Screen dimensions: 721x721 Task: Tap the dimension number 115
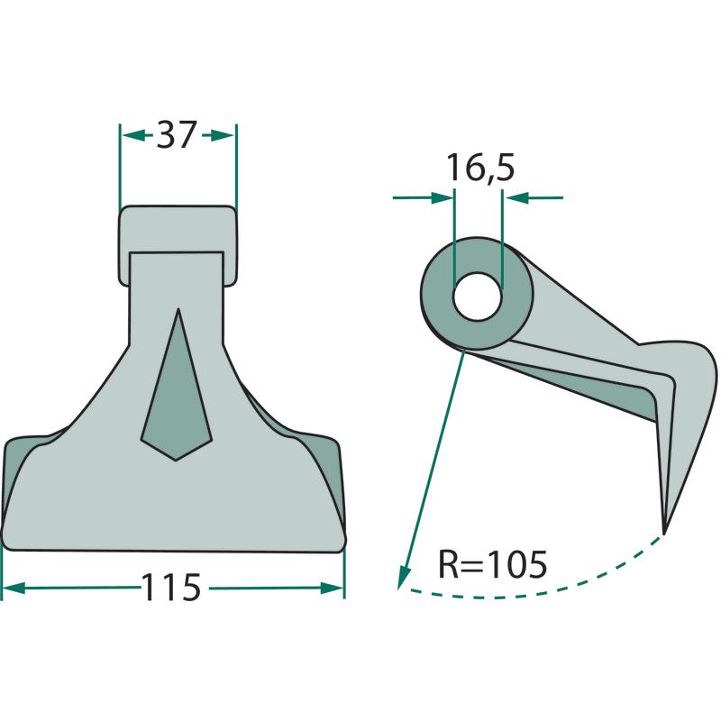click(x=171, y=588)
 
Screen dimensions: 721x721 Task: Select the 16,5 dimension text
click(x=481, y=168)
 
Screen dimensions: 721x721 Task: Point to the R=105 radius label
click(x=492, y=564)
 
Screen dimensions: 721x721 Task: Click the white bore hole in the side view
click(x=477, y=297)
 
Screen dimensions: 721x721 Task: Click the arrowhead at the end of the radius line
click(x=404, y=578)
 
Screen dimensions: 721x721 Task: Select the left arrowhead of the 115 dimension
click(x=14, y=589)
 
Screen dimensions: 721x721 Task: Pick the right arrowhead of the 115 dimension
click(x=332, y=589)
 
